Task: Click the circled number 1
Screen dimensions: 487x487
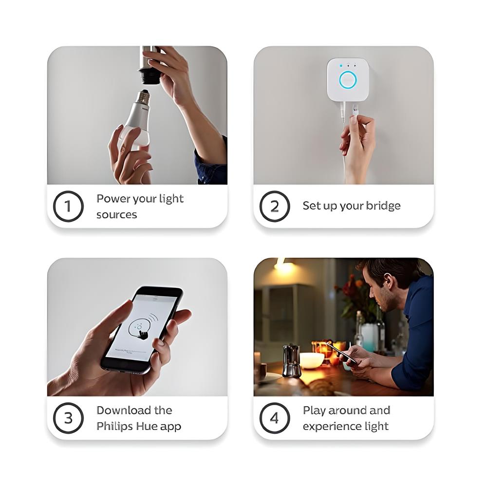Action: pos(68,206)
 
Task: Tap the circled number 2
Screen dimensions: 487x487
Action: pos(274,206)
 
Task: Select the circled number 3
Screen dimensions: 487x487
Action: pos(68,418)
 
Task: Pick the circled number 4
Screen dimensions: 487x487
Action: pos(274,418)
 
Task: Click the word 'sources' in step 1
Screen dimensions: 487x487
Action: pos(116,215)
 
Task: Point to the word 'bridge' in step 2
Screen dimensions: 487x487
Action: pos(383,206)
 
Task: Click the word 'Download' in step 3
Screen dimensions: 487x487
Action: pos(120,410)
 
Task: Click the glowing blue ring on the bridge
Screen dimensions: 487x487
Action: pos(348,80)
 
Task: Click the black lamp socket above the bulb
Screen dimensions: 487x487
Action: pos(150,75)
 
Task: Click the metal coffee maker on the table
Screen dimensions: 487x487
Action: pos(292,360)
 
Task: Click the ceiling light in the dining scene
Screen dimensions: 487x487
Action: pos(281,265)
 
